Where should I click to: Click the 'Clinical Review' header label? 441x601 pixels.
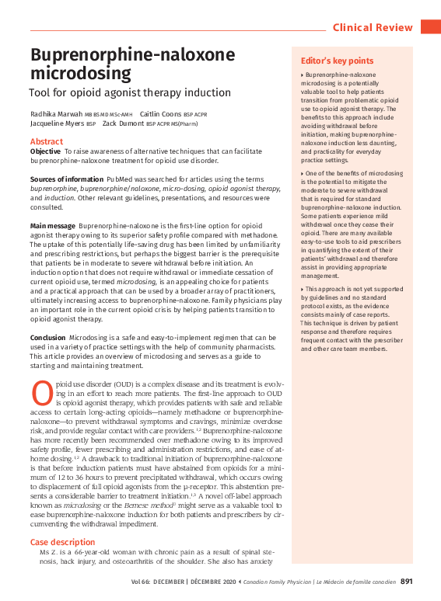pos(373,27)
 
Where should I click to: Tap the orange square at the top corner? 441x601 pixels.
pos(430,27)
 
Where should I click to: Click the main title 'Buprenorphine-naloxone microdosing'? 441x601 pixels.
pos(132,64)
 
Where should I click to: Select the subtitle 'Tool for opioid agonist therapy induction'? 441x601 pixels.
pos(130,92)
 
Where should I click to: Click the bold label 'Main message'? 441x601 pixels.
pos(53,225)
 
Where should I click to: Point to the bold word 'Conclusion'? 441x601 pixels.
pos(47,338)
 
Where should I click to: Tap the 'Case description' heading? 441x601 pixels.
pos(62,542)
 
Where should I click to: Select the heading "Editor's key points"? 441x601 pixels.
pos(337,61)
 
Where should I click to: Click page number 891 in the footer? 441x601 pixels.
pos(407,581)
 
